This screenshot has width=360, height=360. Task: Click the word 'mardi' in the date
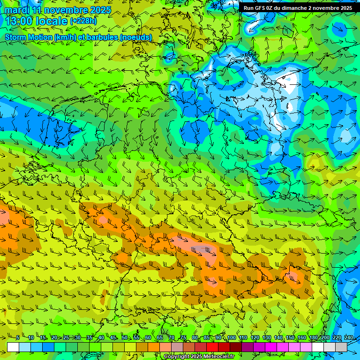click(x=16, y=10)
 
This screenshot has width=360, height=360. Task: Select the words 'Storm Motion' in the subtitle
click(x=29, y=37)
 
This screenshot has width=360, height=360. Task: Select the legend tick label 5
click(x=18, y=337)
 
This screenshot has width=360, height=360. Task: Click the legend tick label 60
click(x=148, y=337)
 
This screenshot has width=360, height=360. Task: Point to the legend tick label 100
click(x=231, y=337)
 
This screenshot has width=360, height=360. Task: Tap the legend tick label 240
click(x=349, y=337)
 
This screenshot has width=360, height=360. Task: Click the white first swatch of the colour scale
click(x=13, y=347)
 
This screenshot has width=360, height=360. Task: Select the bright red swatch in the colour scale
click(x=212, y=347)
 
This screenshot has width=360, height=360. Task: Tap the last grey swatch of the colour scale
click(x=341, y=347)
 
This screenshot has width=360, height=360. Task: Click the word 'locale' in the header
click(x=52, y=21)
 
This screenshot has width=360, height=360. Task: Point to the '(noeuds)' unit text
click(x=136, y=37)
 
